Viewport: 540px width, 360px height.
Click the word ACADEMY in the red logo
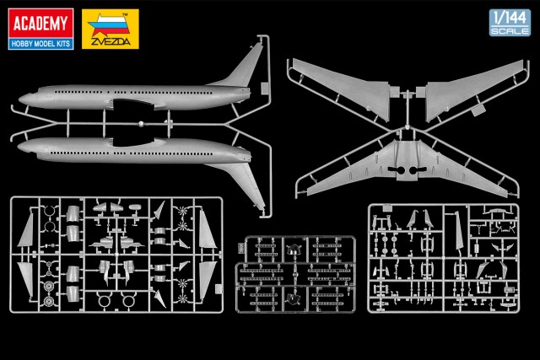coord(40,24)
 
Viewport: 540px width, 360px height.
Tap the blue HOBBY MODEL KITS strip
coord(40,44)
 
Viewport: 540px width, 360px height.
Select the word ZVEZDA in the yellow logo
coord(111,41)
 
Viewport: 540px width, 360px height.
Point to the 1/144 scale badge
coord(510,23)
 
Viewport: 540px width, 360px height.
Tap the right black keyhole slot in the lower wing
coord(418,170)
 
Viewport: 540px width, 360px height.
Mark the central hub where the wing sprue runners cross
coord(407,127)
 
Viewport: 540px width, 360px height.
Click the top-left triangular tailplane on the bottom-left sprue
coord(27,231)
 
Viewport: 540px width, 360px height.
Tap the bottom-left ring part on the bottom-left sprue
coord(104,301)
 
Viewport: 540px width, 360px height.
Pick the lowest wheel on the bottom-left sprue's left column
coord(49,302)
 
